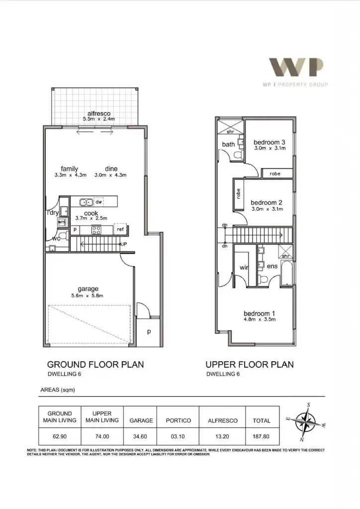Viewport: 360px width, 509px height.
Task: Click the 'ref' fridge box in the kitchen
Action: tap(120, 230)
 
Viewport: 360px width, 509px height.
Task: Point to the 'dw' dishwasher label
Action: tap(98, 202)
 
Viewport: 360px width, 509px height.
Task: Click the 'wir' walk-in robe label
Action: tap(244, 267)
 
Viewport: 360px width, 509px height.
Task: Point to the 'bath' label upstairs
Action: tap(228, 145)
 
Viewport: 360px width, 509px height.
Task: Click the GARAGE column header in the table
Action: tap(141, 421)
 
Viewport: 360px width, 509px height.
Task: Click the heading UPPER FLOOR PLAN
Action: tap(250, 364)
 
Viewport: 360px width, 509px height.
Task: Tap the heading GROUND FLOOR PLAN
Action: tap(95, 364)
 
